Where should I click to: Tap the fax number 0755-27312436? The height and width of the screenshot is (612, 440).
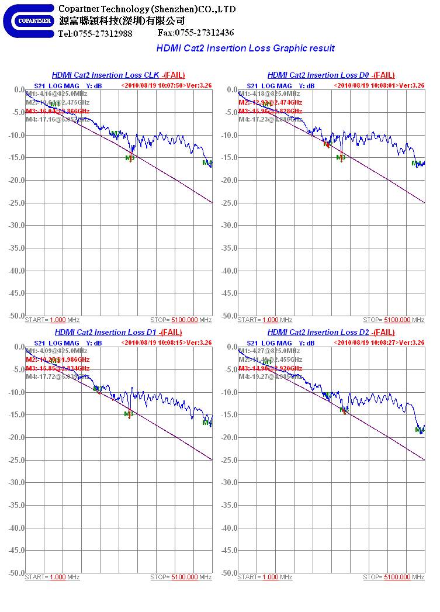coord(196,33)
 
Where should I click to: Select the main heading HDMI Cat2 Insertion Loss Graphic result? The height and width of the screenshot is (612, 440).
coord(245,48)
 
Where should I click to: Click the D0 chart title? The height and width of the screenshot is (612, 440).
coord(331,75)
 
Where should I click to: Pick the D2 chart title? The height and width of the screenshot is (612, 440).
coord(331,332)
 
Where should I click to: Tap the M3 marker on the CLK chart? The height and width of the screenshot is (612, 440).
coord(130,158)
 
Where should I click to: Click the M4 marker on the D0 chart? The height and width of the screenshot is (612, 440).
coord(416,164)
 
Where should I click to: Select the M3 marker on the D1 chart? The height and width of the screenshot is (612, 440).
coord(129,414)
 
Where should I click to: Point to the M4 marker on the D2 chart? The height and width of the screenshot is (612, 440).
coord(419,430)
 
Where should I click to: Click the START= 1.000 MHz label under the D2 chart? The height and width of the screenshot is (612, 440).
coord(265,578)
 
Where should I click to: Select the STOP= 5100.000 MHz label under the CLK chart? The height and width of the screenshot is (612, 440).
coord(181,320)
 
